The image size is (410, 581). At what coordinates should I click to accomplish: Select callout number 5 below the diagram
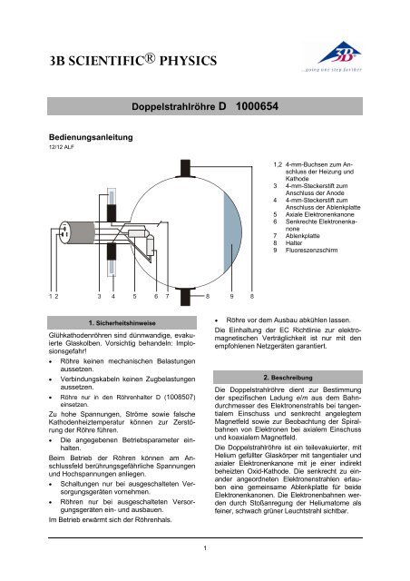click(x=133, y=296)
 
